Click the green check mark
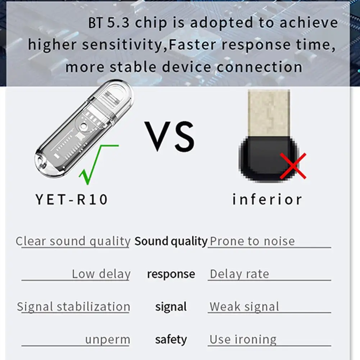(94, 164)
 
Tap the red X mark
(293, 166)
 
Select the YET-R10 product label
(72, 199)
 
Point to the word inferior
(267, 199)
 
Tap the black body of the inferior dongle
(266, 158)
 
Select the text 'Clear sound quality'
(73, 241)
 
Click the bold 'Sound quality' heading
(171, 241)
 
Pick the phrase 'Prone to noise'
(252, 241)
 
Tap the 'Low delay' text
(101, 274)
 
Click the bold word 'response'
(171, 274)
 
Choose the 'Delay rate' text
(240, 274)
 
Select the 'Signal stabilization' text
(73, 307)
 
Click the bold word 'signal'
(171, 307)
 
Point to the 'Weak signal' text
(244, 307)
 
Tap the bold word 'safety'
(171, 340)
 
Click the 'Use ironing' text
(243, 340)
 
